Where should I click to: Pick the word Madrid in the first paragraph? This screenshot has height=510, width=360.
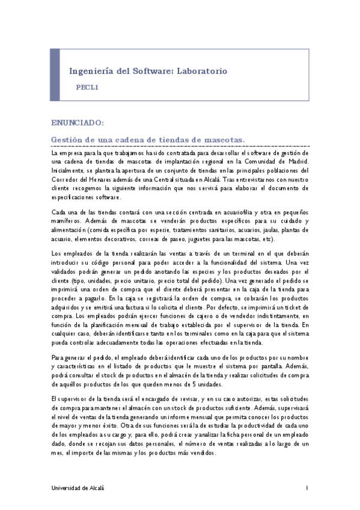(x=296, y=161)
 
